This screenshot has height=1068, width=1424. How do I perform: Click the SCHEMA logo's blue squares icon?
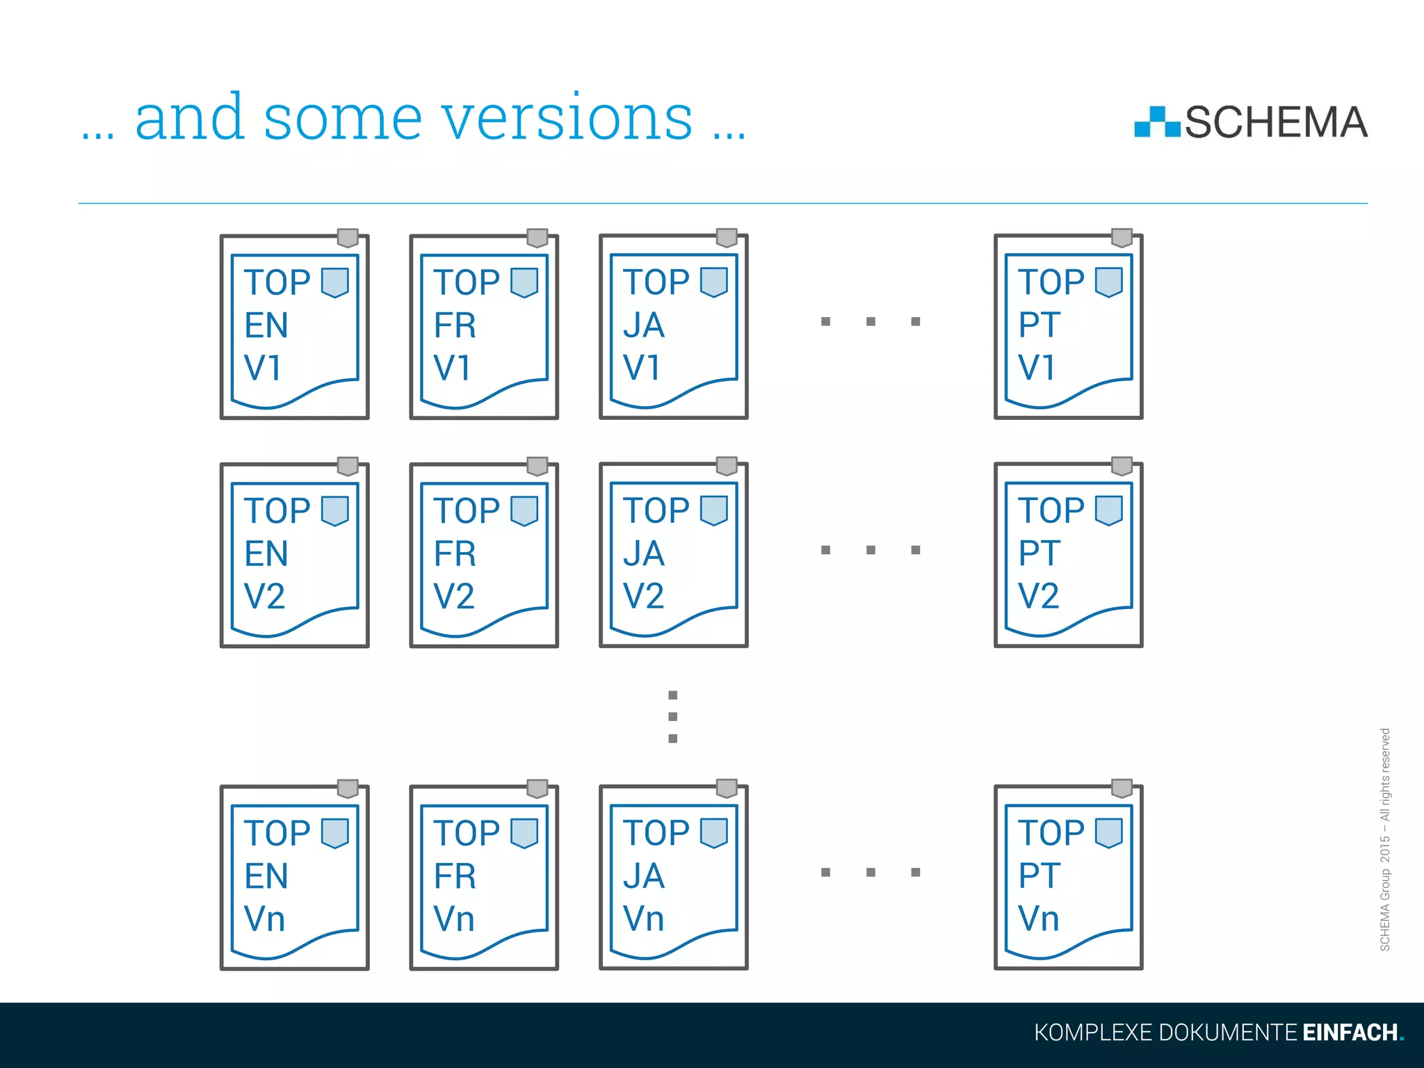coord(1157,123)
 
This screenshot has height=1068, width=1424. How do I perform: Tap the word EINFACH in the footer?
coord(1350,1033)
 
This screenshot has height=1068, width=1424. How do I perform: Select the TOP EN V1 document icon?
coord(294,327)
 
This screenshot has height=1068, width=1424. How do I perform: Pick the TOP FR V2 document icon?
coord(484,556)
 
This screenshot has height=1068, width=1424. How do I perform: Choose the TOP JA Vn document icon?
coord(673,877)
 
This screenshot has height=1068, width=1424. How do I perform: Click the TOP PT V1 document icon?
coord(1068,327)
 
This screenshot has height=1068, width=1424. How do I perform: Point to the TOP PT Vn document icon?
coord(1068,877)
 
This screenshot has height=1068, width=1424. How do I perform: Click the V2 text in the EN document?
coord(264,597)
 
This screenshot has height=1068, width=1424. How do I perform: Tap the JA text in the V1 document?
coord(644,325)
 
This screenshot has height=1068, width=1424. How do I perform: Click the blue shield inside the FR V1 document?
coord(524,282)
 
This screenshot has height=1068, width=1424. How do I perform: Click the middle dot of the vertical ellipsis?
coord(672,717)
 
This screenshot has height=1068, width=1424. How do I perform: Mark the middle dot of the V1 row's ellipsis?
coord(871,321)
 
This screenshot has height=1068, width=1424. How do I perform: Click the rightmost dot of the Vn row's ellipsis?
coord(916,872)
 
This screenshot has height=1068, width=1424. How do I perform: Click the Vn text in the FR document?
coord(454,919)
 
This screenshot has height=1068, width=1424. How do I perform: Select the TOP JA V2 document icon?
coord(673,556)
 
